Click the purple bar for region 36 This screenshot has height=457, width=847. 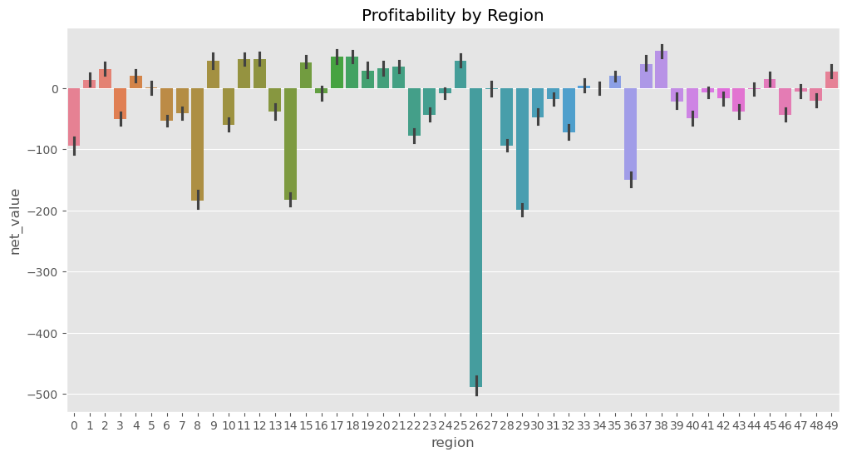[630, 134]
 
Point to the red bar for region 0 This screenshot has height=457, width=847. [74, 117]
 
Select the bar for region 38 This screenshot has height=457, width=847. [661, 70]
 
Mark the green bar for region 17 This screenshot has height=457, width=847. [337, 72]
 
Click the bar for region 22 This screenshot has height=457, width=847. [414, 112]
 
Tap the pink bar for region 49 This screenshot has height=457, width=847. [831, 80]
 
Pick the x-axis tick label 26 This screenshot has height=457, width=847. [475, 425]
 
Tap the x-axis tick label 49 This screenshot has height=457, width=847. [831, 425]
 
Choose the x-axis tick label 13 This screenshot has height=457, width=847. [275, 425]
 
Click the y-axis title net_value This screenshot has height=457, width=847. [16, 221]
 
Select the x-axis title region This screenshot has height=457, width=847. [452, 443]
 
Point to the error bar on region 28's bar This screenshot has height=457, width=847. [506, 146]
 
